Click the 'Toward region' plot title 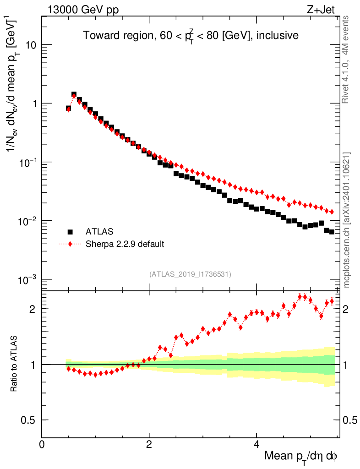click(191, 36)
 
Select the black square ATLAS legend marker click(70, 232)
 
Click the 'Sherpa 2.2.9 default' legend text click(125, 244)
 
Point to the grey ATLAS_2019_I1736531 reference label click(190, 274)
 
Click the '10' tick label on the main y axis click(30, 45)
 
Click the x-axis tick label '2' click(149, 444)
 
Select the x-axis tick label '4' click(256, 444)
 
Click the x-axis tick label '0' click(42, 444)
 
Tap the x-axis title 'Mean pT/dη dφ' click(301, 456)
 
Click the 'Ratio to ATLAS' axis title click(15, 364)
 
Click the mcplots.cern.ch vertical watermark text click(347, 220)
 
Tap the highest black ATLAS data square click(74, 94)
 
